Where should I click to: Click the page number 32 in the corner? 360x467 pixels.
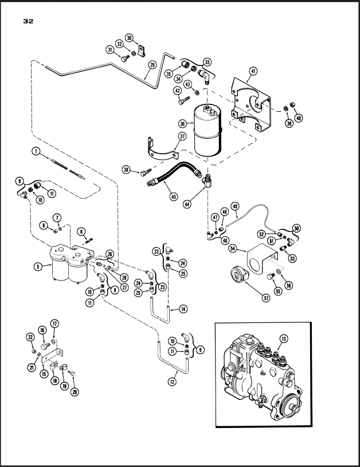(28, 22)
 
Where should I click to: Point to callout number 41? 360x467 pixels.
(253, 72)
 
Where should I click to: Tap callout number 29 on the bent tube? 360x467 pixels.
(152, 65)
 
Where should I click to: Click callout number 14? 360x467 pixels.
(183, 309)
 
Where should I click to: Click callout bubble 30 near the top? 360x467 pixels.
(130, 38)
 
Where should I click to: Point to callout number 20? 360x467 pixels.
(74, 392)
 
